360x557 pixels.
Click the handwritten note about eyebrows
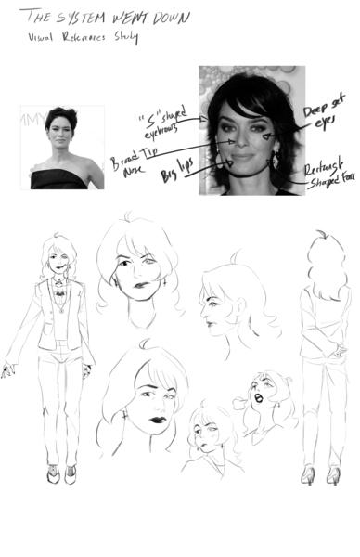coord(162,123)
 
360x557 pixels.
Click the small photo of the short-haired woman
coord(62,147)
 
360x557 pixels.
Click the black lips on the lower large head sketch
coord(159,420)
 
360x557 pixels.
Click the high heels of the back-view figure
coord(320,474)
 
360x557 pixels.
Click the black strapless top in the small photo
coord(58,178)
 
